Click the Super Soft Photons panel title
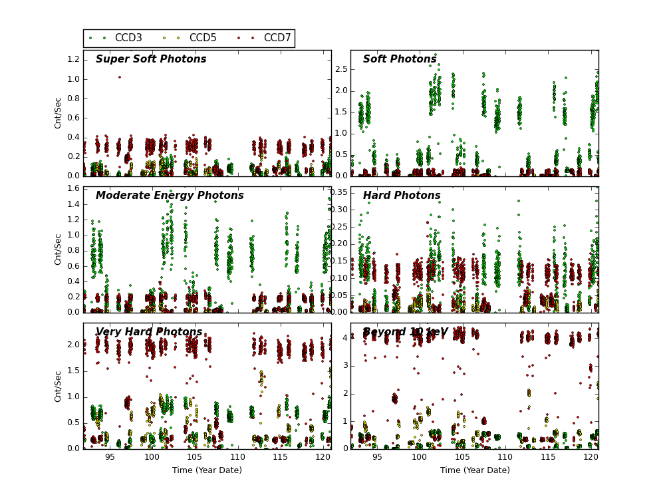pos(151,59)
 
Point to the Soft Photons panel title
pos(400,59)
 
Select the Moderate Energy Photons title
pos(170,196)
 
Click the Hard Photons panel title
pos(402,196)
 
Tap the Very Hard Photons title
pos(149,332)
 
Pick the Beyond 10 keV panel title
pos(405,332)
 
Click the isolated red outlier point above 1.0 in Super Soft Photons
pos(120,77)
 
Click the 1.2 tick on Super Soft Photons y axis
pos(72,59)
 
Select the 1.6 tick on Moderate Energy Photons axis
pos(72,188)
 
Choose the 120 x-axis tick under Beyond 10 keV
pos(591,457)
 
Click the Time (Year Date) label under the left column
pos(207,470)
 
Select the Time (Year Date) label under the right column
pos(475,470)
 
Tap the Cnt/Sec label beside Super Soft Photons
pos(59,113)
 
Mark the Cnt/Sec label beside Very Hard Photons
pos(59,386)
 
